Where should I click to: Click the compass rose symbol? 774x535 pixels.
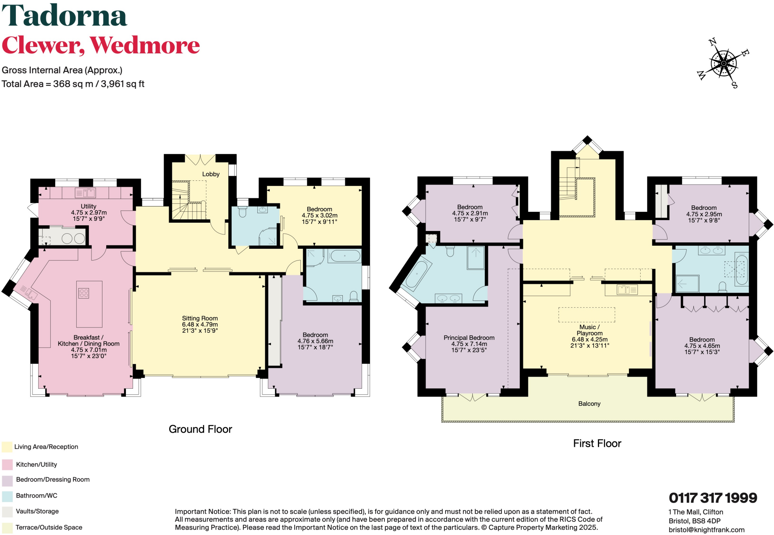(x=723, y=64)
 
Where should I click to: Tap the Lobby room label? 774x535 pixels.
(x=211, y=174)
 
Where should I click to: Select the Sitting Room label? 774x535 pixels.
(x=200, y=318)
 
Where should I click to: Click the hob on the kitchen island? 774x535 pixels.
(x=84, y=293)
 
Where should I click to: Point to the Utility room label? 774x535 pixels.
(x=88, y=206)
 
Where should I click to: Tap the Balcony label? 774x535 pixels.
(x=589, y=404)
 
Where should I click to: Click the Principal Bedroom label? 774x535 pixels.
(x=469, y=338)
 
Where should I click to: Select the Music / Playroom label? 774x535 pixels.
(x=590, y=330)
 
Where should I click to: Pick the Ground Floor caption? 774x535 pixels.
(x=200, y=429)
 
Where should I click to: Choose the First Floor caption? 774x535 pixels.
(x=597, y=444)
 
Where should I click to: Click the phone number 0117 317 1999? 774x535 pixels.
(x=713, y=498)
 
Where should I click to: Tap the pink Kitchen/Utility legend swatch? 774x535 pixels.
(x=7, y=465)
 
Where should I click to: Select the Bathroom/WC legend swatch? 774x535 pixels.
(x=7, y=496)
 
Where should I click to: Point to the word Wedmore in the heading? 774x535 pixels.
(x=145, y=45)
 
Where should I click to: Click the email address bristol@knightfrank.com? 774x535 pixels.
(x=706, y=530)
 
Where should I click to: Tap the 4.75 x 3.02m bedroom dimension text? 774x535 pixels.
(x=319, y=216)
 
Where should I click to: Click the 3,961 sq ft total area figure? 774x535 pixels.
(x=122, y=84)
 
